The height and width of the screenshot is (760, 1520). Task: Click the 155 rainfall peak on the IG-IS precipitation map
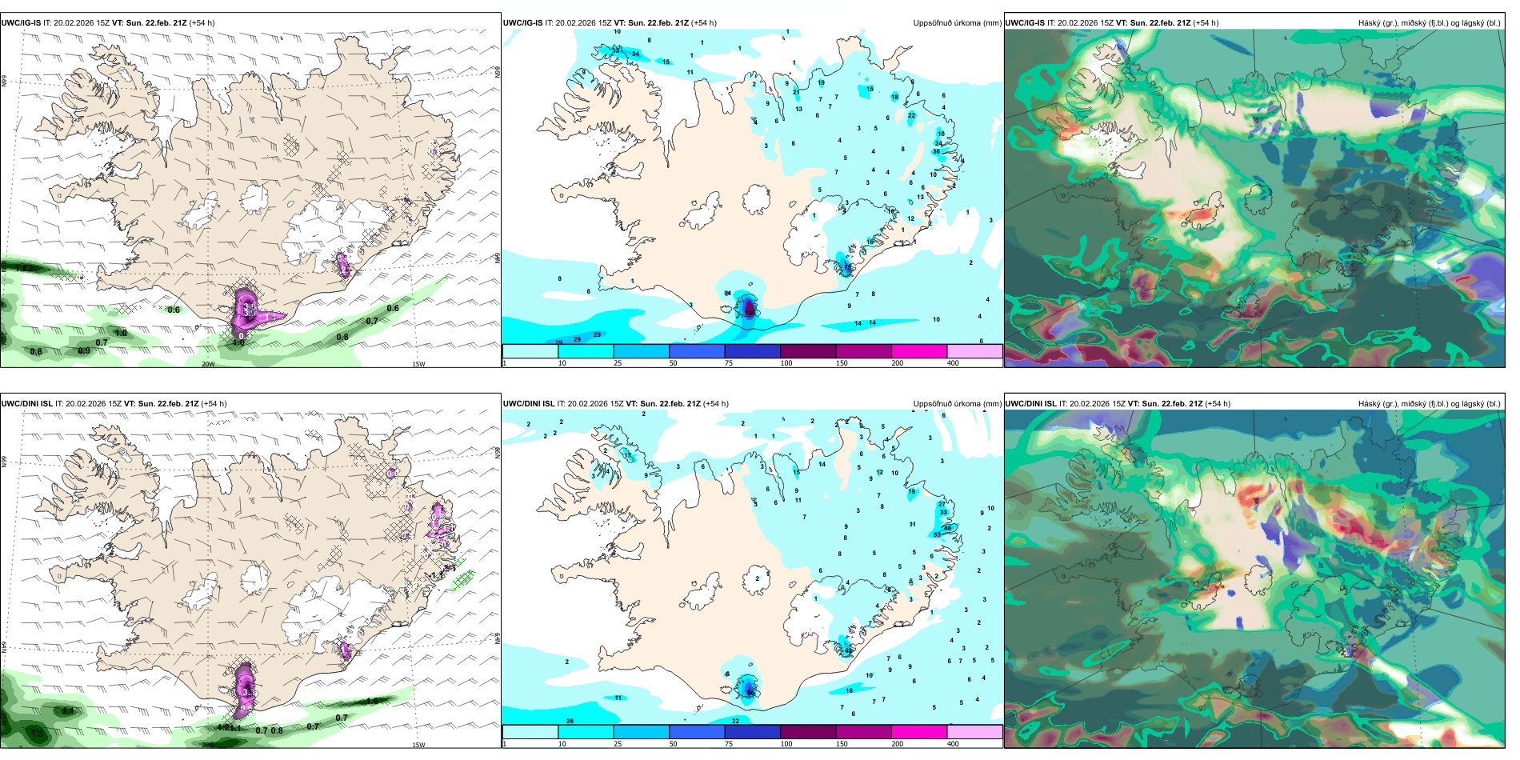(x=750, y=307)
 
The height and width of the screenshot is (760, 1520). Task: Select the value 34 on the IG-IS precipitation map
(x=636, y=54)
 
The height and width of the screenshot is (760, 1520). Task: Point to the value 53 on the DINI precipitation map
(x=938, y=534)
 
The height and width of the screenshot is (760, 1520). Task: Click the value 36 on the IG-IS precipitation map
(x=936, y=151)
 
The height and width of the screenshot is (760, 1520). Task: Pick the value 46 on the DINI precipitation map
(x=948, y=528)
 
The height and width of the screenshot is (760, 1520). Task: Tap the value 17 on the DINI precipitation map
(x=627, y=455)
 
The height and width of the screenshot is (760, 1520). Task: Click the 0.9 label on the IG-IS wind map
(x=84, y=350)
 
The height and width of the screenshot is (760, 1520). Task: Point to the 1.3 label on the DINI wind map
(x=37, y=734)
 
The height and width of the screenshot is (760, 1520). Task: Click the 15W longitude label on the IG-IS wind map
(x=418, y=364)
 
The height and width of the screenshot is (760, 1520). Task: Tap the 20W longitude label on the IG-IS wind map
(x=208, y=364)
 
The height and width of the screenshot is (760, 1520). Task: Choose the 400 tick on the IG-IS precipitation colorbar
(x=953, y=363)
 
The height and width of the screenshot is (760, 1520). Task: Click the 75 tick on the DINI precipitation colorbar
(x=729, y=744)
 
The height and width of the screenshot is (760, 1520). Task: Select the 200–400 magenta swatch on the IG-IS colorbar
(x=919, y=351)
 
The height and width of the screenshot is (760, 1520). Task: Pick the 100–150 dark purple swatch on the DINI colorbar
(x=808, y=732)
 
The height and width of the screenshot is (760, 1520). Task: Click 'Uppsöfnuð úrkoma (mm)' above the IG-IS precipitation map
(x=957, y=23)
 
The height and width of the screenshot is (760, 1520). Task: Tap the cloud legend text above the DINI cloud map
(x=1429, y=404)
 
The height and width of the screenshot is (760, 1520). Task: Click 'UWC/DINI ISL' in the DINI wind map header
(x=26, y=404)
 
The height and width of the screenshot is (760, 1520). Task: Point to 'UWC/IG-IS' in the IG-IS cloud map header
(x=1025, y=23)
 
